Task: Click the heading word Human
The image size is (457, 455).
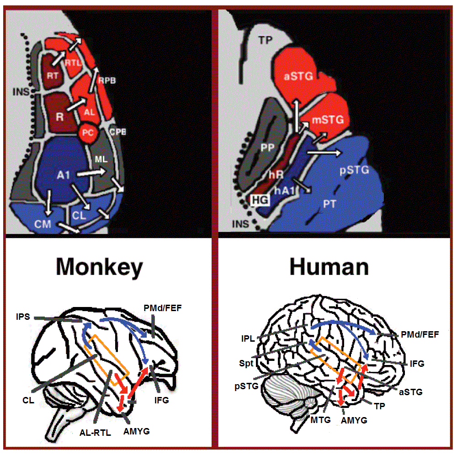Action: [x=329, y=267]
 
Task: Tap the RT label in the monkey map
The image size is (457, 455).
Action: [x=53, y=76]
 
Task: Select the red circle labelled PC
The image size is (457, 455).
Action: [x=88, y=133]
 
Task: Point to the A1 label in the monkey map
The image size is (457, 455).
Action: [x=64, y=175]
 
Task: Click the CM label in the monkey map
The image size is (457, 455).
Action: [x=43, y=224]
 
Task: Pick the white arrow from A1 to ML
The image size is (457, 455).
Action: [x=91, y=173]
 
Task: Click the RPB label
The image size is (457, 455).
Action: [x=107, y=80]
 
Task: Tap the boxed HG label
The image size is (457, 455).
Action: [x=260, y=200]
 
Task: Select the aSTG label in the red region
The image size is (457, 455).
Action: [x=298, y=76]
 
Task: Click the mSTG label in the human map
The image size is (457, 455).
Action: [x=328, y=120]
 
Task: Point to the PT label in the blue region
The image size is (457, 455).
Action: [x=329, y=204]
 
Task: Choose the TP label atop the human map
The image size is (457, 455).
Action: [x=265, y=40]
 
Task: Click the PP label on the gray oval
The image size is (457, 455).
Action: [x=267, y=148]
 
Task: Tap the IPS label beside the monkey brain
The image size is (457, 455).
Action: [x=23, y=316]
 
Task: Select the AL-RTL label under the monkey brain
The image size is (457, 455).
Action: [x=96, y=433]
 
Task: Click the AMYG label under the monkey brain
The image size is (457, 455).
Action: [x=136, y=431]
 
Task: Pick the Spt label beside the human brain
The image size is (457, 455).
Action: [x=246, y=364]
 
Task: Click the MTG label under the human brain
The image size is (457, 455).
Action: [x=321, y=420]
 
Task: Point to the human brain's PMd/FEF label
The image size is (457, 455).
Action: [x=420, y=334]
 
